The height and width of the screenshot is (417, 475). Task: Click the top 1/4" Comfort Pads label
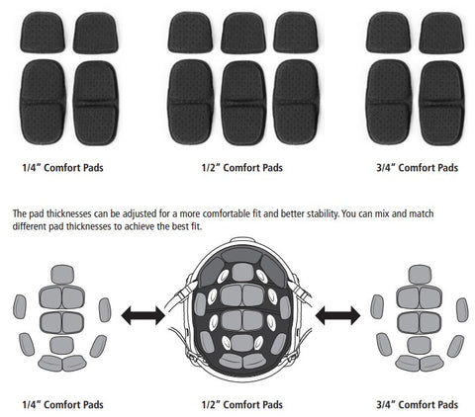pos(62,168)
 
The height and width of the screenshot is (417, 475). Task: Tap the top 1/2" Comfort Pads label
pos(242,168)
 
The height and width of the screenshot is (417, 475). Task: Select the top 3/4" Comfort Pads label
pos(418,168)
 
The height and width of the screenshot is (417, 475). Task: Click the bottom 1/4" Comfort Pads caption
pos(62,404)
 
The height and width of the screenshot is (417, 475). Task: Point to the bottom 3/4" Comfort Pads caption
pos(418,404)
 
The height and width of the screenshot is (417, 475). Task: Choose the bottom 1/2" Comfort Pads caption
pos(242,404)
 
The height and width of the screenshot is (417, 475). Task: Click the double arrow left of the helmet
pos(143,315)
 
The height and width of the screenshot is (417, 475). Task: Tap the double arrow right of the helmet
pos(337,315)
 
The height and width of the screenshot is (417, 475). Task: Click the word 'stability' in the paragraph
pos(323,214)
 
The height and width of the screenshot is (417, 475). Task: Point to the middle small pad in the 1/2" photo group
pos(243,33)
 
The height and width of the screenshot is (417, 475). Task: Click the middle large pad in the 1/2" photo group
pos(243,103)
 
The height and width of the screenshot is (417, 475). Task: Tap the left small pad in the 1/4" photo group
pos(43,33)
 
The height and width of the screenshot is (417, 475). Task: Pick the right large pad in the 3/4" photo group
pos(442,103)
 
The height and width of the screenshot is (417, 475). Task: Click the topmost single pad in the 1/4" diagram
pos(62,275)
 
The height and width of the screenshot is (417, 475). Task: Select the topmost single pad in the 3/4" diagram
pos(420,275)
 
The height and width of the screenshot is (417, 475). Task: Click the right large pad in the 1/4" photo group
pos(96,103)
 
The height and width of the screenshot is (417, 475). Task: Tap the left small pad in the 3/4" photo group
pos(389,33)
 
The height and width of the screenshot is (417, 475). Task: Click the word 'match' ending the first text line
pos(422,213)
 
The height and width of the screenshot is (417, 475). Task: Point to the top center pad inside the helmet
pos(242,272)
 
